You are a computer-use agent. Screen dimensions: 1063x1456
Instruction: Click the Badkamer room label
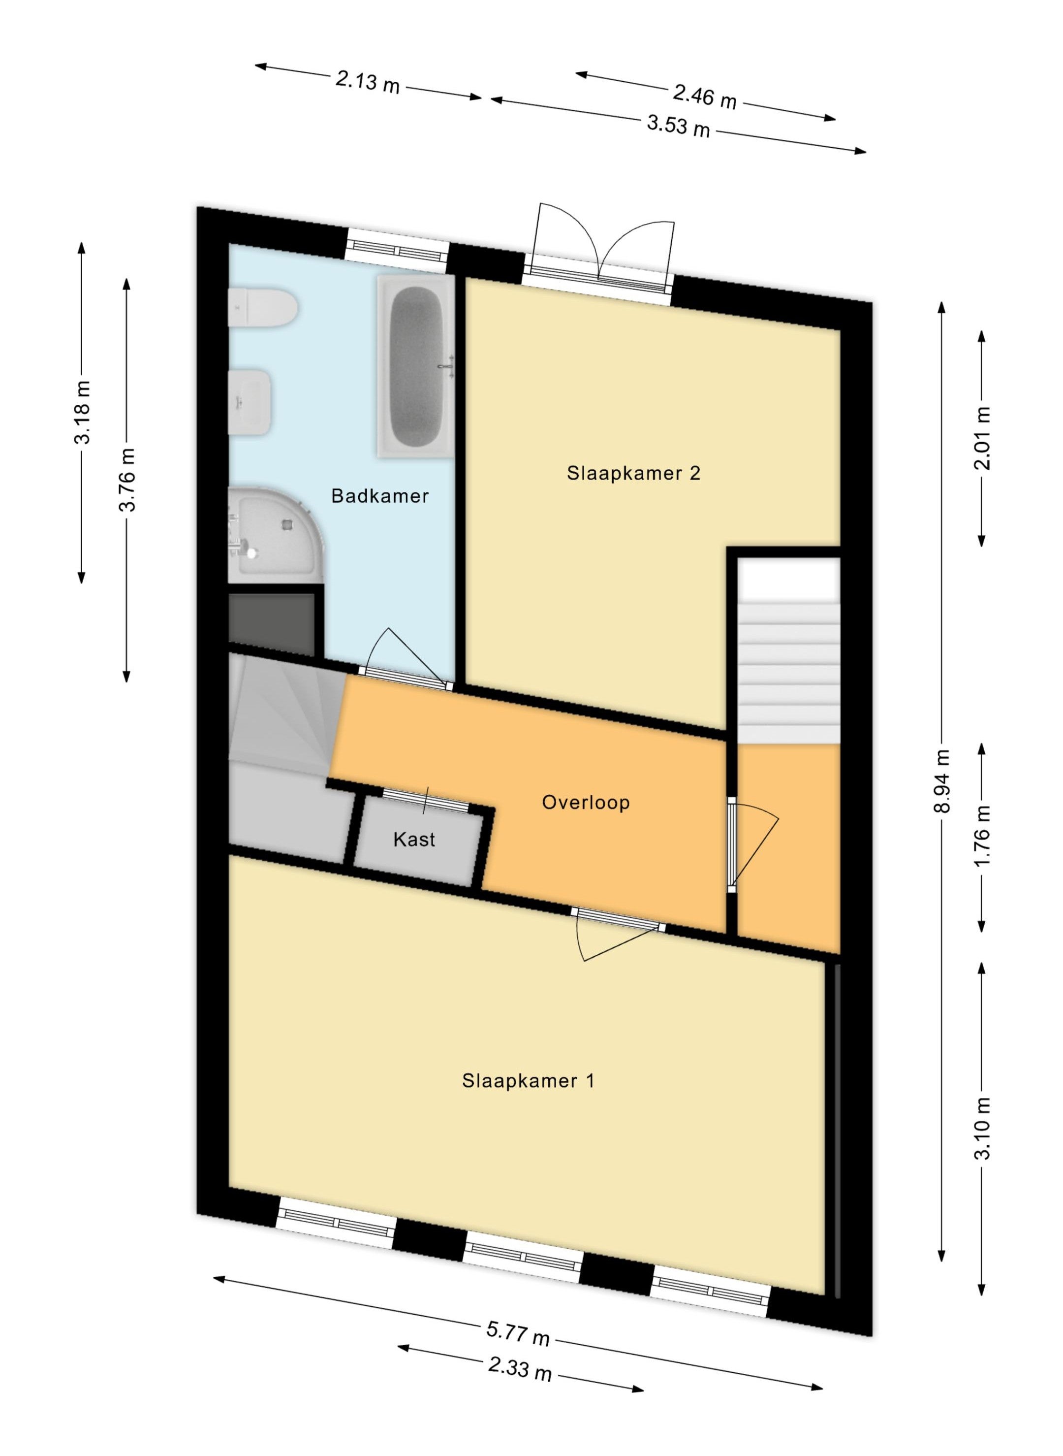379,496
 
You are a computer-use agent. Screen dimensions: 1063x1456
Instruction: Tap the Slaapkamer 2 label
633,473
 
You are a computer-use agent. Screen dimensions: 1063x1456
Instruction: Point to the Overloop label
586,802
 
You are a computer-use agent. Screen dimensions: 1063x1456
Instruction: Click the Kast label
414,840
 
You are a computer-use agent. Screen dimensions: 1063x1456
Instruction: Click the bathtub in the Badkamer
416,366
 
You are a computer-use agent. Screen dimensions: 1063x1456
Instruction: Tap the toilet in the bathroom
262,308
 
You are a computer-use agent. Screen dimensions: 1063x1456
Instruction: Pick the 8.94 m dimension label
942,781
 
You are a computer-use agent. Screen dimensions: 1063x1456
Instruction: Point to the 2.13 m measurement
368,82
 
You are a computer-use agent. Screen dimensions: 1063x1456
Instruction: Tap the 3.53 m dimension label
678,125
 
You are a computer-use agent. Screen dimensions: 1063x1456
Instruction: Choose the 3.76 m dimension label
127,480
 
